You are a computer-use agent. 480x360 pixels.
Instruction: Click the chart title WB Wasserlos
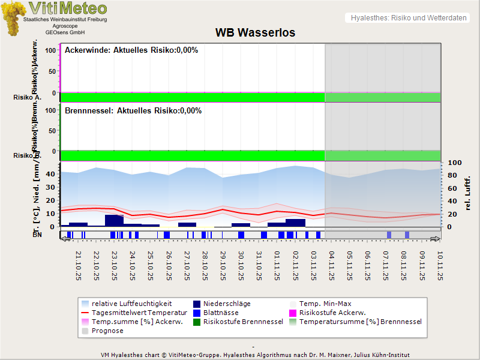point(255,33)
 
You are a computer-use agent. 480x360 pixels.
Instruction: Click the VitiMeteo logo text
point(68,8)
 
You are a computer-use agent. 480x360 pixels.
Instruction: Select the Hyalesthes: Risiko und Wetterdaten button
point(408,18)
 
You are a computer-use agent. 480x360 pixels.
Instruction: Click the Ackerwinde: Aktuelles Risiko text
point(131,50)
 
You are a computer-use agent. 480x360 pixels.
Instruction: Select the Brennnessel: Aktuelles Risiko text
point(133,111)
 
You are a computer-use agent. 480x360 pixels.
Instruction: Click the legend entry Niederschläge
point(227,304)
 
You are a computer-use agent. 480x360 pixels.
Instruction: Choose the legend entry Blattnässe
point(221,313)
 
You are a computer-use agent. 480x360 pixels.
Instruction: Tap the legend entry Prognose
point(107,331)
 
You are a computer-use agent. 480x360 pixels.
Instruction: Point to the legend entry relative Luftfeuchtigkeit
point(131,304)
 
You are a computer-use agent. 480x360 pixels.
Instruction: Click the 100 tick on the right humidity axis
point(454,163)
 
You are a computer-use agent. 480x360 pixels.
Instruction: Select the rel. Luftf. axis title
point(467,193)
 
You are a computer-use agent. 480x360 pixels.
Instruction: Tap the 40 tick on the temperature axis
point(50,174)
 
